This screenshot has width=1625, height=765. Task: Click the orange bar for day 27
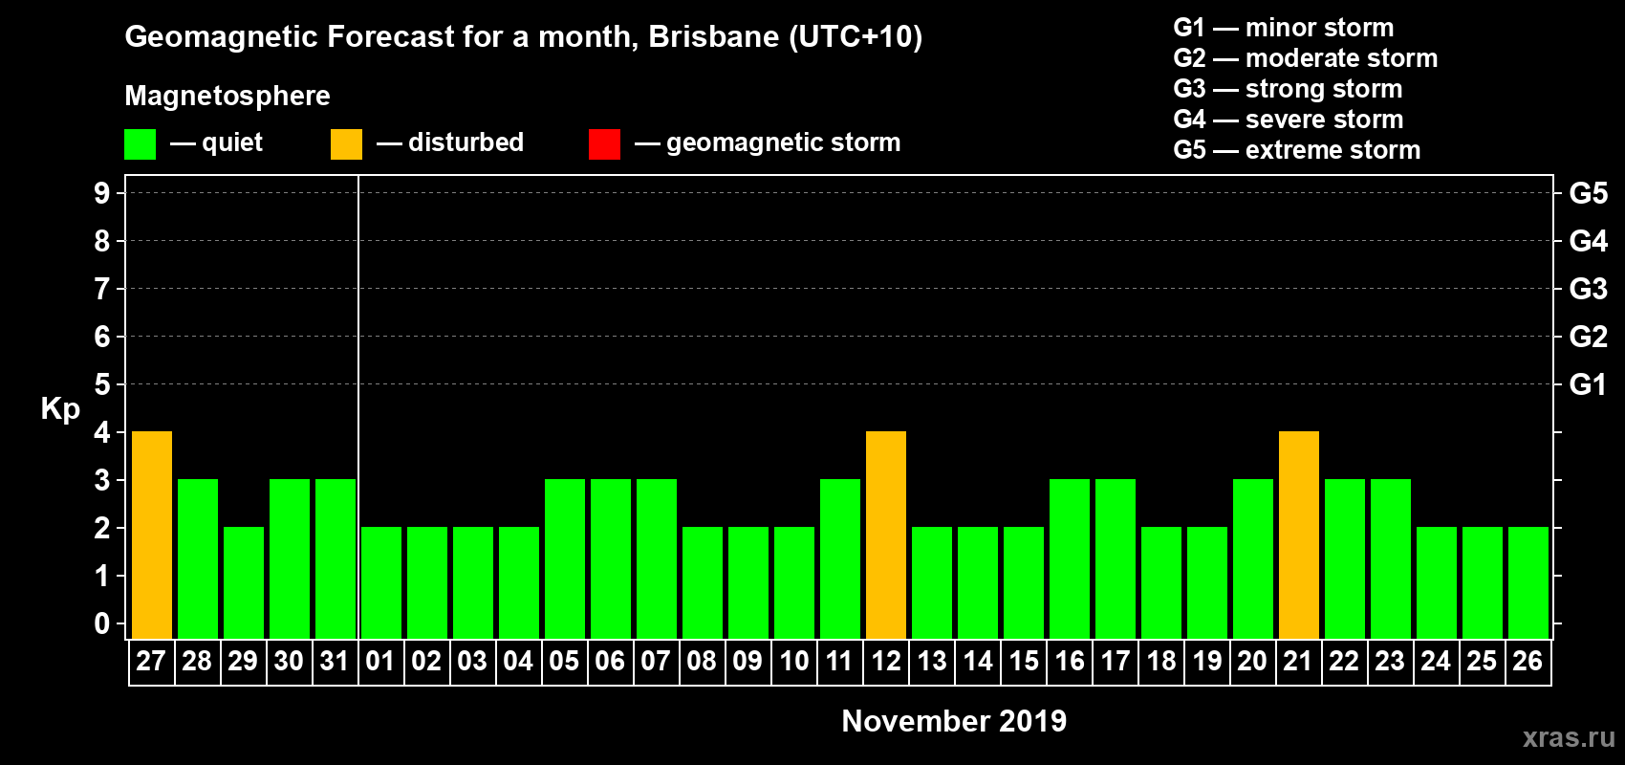152,535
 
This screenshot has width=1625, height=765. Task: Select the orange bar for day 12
886,535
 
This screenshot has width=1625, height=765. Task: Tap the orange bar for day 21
1299,535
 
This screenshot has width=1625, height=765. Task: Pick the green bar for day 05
565,558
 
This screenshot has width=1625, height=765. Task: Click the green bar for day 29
244,582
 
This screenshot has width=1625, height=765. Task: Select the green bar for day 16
1070,558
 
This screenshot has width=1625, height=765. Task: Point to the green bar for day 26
1528,582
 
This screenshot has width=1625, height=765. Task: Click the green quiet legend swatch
140,144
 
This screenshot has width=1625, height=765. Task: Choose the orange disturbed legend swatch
346,144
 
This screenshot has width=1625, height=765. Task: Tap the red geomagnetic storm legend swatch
604,144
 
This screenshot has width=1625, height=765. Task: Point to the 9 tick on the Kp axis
102,193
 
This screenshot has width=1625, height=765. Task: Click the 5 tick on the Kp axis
102,384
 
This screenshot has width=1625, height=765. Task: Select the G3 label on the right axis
1588,289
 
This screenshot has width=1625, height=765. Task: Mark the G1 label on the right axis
1588,384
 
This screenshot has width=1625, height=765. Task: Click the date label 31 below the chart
335,661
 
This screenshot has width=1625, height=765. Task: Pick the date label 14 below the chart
978,661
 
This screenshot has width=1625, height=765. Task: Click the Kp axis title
60,408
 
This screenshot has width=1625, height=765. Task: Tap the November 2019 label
954,721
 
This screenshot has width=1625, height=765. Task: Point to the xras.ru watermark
1569,737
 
